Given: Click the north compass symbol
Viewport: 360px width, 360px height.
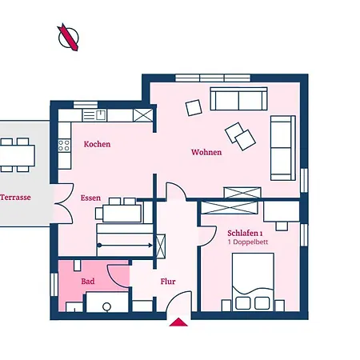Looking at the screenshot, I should [x=68, y=37].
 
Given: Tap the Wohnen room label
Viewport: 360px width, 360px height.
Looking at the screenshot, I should [x=206, y=152].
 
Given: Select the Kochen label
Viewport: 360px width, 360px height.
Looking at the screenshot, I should [x=97, y=144].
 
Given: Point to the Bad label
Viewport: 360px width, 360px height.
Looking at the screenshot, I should [x=88, y=282].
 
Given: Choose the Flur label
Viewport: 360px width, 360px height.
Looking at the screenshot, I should [x=168, y=282].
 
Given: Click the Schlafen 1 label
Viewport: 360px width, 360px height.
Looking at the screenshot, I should [x=234, y=232].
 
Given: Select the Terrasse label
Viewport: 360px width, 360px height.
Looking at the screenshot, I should [x=15, y=197].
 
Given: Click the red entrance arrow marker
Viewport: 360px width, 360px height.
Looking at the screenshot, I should [x=179, y=322].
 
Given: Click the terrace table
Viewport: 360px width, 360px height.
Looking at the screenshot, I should [x=17, y=154].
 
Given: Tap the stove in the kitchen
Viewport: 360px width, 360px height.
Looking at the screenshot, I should [x=62, y=146].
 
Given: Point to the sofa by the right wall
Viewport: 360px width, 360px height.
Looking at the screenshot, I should [x=282, y=147].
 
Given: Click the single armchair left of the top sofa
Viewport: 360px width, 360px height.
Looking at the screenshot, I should [x=194, y=106].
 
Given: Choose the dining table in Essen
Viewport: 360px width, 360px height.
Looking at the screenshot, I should [x=120, y=212].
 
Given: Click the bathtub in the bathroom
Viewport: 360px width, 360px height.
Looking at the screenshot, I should [x=107, y=303].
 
